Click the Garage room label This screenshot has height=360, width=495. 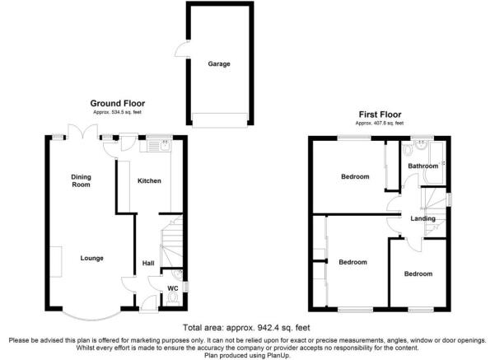click(x=219, y=63)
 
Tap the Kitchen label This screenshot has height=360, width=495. click(x=149, y=180)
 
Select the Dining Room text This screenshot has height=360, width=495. click(x=82, y=180)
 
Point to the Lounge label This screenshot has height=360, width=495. click(x=92, y=258)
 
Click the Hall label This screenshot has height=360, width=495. click(x=148, y=263)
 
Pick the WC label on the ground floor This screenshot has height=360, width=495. click(x=173, y=288)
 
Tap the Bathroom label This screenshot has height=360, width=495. click(x=423, y=166)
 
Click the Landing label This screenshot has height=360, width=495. click(x=423, y=218)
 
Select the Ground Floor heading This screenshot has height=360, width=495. click(x=118, y=103)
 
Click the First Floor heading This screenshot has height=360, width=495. click(x=380, y=115)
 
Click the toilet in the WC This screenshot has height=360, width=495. click(x=173, y=298)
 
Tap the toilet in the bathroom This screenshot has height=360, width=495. click(x=408, y=150)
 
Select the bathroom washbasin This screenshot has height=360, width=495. click(x=422, y=145)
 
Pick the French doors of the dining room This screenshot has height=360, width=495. click(x=82, y=131)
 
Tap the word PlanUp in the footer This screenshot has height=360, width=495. click(x=278, y=356)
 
